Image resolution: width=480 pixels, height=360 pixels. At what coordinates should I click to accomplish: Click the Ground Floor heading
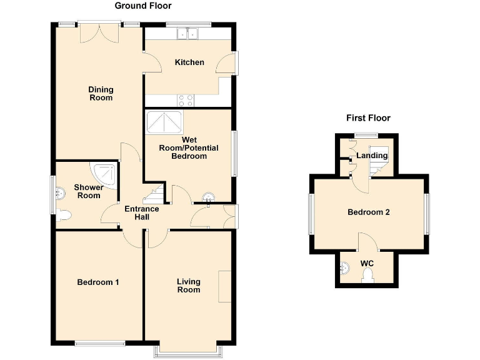(x=143, y=6)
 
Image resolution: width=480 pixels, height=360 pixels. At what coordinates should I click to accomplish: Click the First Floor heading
(x=368, y=117)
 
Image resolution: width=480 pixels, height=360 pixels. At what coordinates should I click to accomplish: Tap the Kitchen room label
(x=189, y=62)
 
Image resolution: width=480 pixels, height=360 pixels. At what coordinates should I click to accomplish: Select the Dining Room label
(x=100, y=94)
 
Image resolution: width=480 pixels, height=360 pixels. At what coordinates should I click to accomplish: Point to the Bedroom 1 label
(x=98, y=282)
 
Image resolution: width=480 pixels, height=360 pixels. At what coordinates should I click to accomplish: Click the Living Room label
(x=188, y=286)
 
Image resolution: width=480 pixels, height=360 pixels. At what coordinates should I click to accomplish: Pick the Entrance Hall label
(x=141, y=213)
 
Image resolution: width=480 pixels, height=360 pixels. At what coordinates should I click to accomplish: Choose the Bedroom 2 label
(x=369, y=212)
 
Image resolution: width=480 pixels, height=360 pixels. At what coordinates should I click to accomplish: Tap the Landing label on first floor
(x=372, y=156)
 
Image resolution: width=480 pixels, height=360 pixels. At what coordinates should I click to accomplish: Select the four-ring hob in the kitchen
(x=186, y=100)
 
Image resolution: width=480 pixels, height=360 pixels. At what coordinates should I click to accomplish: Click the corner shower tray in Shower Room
(x=104, y=174)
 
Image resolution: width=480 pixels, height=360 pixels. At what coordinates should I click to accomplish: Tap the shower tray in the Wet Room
(x=164, y=123)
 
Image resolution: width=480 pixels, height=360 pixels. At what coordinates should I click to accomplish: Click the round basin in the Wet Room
(x=208, y=199)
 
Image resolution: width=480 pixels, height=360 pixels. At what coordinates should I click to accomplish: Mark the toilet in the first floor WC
(x=367, y=276)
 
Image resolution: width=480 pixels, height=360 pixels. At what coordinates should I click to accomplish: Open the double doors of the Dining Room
(x=100, y=32)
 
